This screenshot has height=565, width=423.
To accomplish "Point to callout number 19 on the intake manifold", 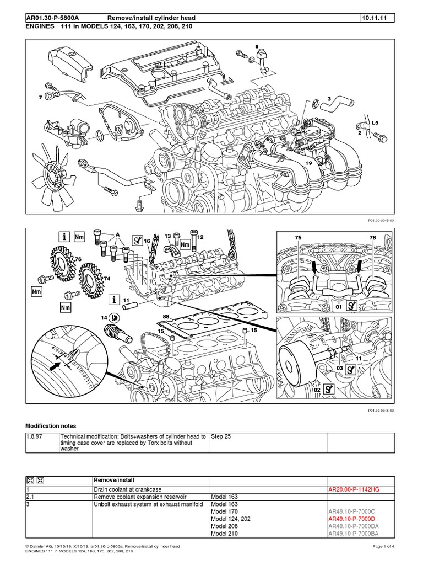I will [309, 163].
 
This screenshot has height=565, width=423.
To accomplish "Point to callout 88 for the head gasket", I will [166, 317].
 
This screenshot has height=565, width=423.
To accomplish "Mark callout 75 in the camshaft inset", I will [298, 238].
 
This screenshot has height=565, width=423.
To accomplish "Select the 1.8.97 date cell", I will [34, 436].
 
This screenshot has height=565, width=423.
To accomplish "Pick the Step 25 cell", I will [221, 436].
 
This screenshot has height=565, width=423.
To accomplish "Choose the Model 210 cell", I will [224, 534].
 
